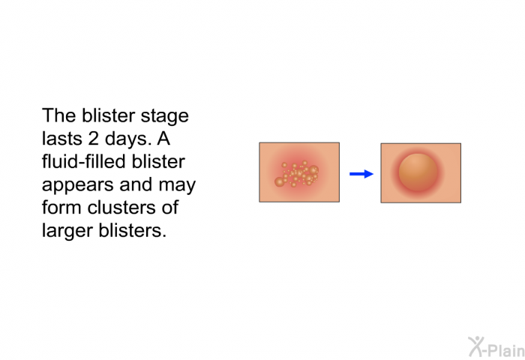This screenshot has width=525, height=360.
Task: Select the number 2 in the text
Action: [94, 139]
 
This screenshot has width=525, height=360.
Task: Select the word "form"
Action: [61, 207]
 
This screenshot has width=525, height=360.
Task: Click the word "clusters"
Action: [121, 207]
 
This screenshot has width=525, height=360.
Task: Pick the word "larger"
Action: [67, 232]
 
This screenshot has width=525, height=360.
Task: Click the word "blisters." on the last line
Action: [133, 230]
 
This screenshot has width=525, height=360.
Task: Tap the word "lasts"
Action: [62, 139]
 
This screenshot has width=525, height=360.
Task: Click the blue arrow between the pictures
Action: [361, 174]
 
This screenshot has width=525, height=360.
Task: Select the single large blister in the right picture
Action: [418, 172]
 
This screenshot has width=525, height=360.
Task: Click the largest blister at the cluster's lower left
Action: [279, 181]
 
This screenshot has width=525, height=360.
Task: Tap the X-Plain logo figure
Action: [476, 346]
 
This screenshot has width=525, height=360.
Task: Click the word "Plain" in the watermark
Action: [506, 350]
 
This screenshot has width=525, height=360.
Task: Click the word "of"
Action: [170, 207]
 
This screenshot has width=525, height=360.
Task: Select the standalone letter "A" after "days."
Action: [163, 139]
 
